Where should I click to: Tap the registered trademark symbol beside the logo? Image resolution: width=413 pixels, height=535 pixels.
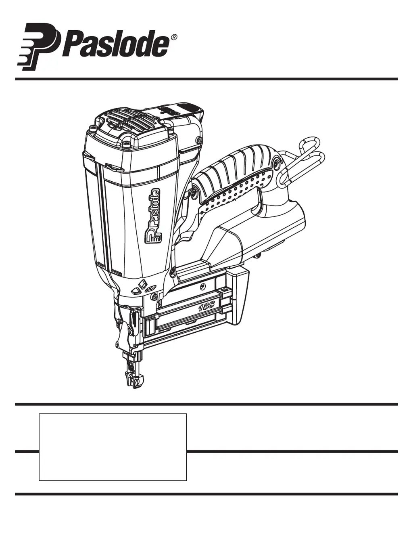click(x=173, y=37)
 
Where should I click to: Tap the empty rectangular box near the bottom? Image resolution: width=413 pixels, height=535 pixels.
click(x=113, y=447)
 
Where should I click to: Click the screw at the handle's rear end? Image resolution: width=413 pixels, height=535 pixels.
click(x=276, y=163)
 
